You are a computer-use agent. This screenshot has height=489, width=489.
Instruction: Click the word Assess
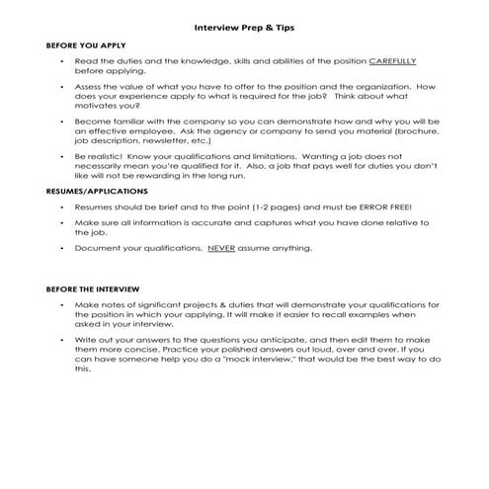point(90,87)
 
